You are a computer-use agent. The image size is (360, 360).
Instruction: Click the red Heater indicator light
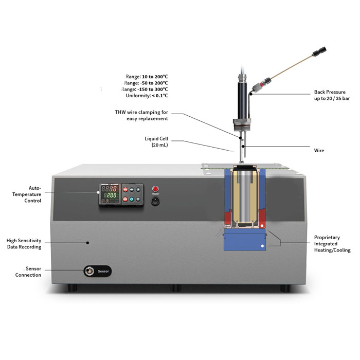coord(155,189)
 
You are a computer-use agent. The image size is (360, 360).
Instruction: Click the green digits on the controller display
coord(110,195)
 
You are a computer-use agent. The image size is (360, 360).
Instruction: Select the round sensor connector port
coord(89,271)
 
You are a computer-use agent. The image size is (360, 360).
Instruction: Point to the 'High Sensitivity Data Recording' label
coord(24,243)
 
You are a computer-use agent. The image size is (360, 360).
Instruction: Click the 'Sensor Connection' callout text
coord(28,272)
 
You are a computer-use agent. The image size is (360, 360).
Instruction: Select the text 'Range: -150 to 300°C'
coord(147,89)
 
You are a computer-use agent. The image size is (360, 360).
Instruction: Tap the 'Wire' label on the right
coord(319,151)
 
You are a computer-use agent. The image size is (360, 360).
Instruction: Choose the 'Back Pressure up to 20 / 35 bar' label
coord(332,95)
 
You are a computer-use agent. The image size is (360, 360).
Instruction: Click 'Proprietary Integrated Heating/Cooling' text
coord(332,244)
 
